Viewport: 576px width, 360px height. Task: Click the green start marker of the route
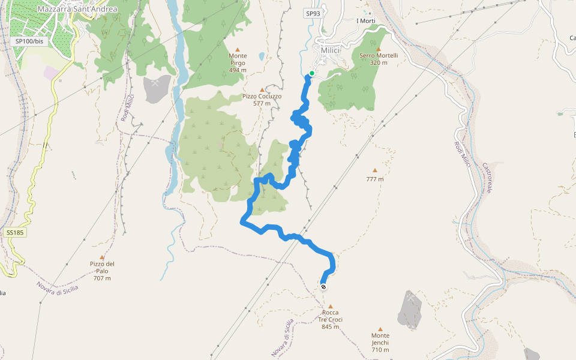311,74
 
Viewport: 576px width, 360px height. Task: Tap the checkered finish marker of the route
324,287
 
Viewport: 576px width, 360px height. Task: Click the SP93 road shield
313,14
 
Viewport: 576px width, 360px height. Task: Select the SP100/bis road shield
29,41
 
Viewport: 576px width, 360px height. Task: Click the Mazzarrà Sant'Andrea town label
77,9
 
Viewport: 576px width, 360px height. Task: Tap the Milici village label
331,50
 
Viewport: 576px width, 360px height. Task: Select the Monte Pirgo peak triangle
238,49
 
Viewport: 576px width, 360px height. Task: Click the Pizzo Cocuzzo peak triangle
262,89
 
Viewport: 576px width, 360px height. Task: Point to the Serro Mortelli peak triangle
379,49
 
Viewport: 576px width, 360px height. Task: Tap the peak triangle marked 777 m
375,170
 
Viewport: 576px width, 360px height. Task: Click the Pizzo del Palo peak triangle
102,257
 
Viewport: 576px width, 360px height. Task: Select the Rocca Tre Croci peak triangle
330,306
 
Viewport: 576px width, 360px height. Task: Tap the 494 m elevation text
238,70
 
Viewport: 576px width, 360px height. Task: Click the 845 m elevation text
330,327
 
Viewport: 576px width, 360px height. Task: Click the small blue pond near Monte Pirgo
262,57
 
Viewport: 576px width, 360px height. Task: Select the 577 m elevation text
262,103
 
